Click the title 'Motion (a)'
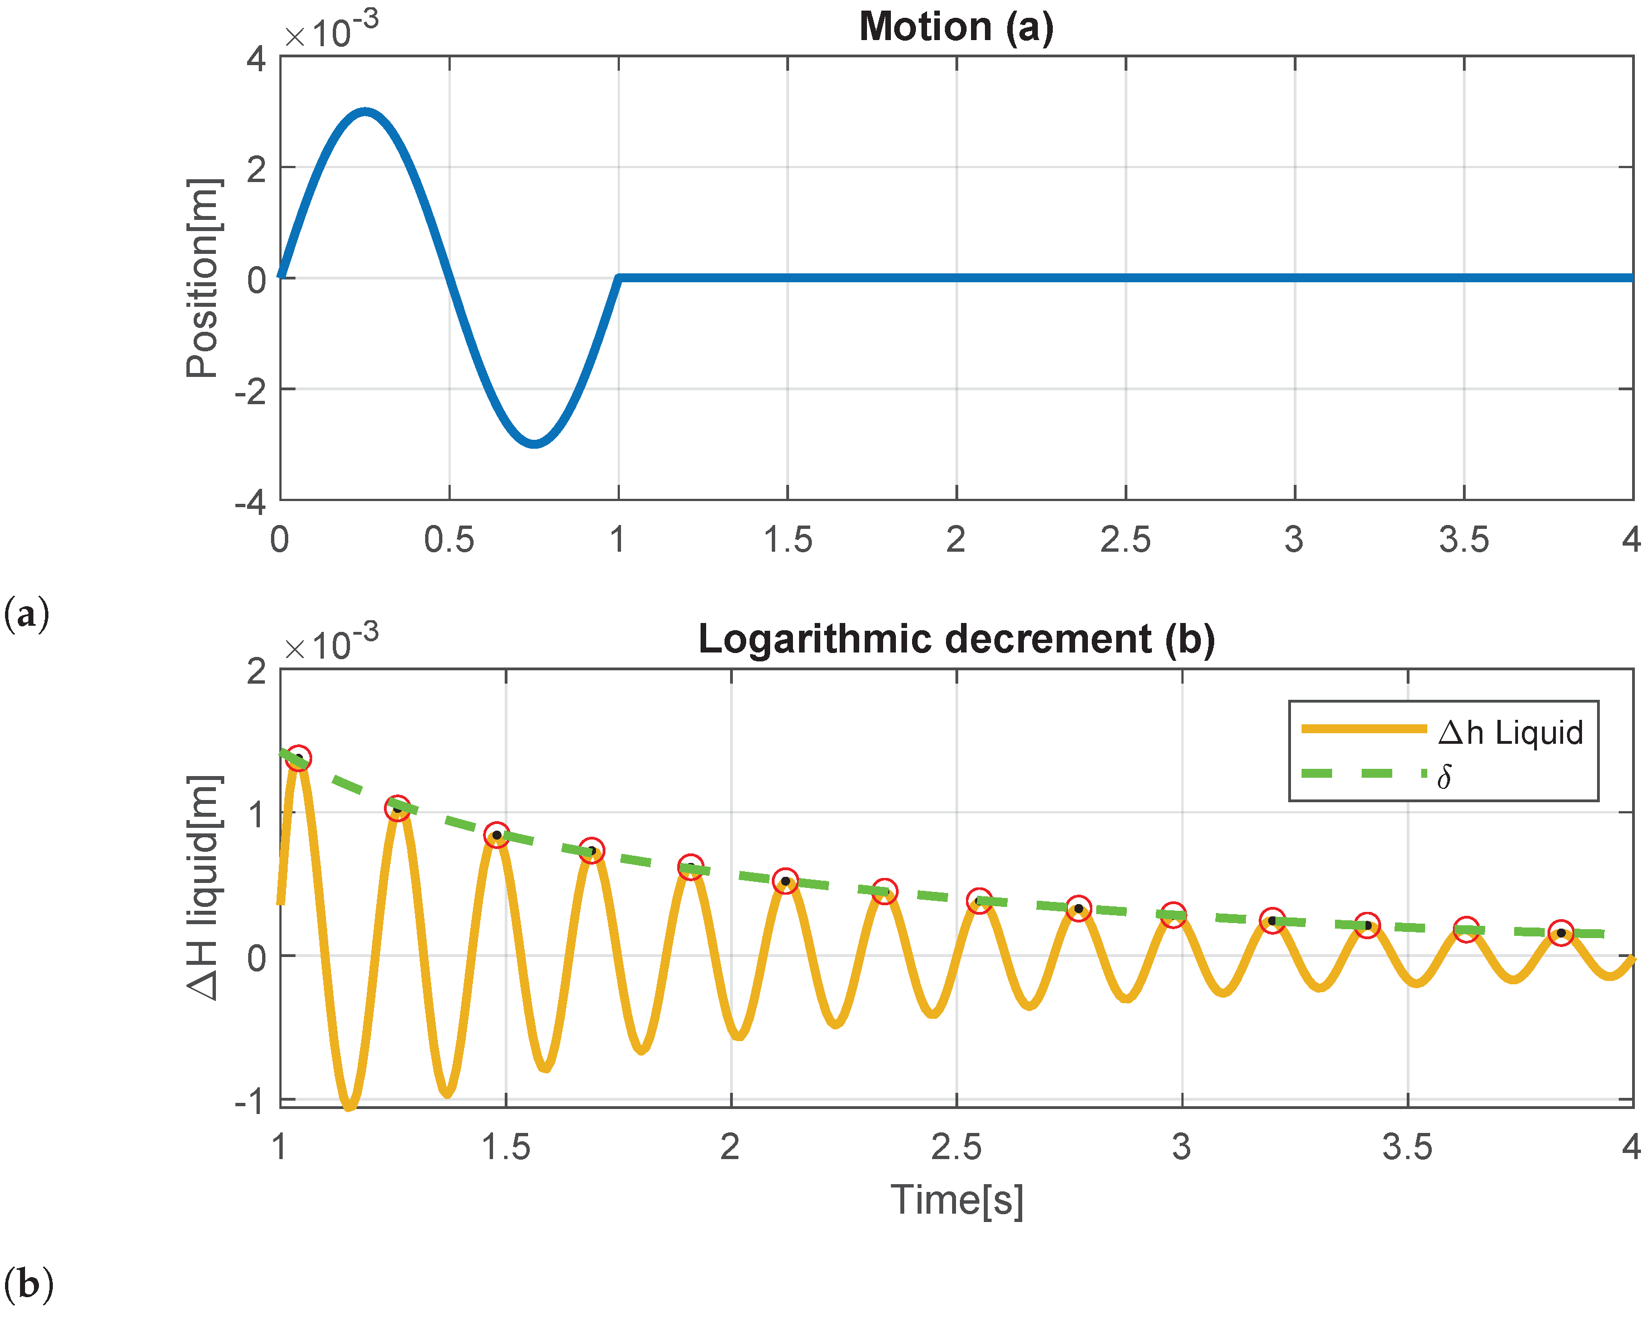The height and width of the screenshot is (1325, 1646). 956,27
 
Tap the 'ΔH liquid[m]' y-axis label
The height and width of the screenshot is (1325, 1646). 203,887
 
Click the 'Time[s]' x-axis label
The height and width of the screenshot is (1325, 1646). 956,1200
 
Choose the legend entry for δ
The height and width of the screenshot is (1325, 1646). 1443,777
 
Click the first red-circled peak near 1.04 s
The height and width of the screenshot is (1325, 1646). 298,758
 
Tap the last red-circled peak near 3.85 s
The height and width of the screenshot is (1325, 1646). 1560,933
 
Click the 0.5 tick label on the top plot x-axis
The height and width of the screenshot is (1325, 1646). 449,541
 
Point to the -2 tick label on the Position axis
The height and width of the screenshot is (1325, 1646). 250,391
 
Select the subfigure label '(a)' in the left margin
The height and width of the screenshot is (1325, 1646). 27,615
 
